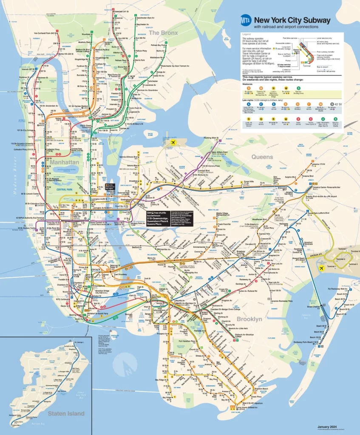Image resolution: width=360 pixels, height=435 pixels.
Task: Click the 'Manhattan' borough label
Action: (x=62, y=162)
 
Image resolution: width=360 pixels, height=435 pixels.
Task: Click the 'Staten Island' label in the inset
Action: (x=66, y=413)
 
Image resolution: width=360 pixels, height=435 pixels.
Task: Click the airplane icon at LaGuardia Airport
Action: (x=173, y=142)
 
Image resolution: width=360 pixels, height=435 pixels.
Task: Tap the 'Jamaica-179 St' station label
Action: (x=316, y=164)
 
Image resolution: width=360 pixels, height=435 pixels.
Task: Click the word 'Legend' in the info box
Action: (x=247, y=34)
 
